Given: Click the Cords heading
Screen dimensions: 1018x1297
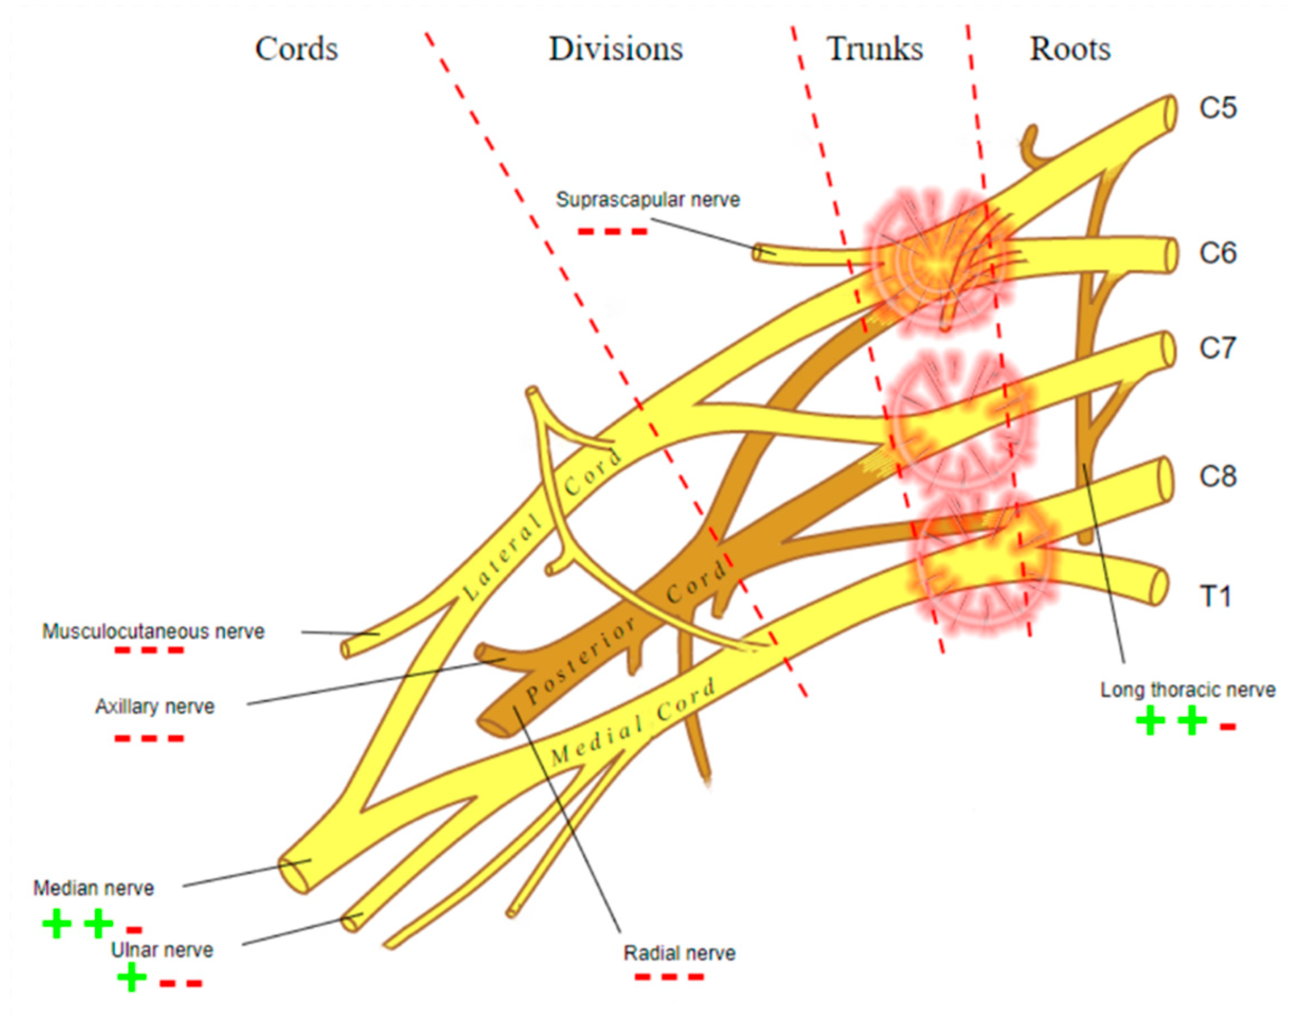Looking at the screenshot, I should click(296, 49).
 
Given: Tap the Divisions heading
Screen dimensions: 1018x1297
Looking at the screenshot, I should click(616, 49).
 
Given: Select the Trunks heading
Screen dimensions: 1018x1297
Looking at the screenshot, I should click(874, 49).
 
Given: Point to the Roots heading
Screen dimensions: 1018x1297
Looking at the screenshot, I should click(1070, 49).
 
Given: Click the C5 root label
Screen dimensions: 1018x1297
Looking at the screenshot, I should click(1218, 108).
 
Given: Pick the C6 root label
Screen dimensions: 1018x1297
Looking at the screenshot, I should click(1218, 253).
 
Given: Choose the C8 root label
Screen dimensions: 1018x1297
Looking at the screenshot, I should click(1218, 476).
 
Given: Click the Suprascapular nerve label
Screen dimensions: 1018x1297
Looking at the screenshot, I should click(648, 200).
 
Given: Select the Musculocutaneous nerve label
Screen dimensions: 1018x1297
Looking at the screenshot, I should click(153, 631).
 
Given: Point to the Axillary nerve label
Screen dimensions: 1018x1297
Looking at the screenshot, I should click(155, 706).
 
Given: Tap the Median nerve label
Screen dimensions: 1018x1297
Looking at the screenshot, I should click(93, 888).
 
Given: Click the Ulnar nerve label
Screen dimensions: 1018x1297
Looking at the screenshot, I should click(162, 949).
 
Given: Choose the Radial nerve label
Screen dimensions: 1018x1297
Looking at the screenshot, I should click(680, 953).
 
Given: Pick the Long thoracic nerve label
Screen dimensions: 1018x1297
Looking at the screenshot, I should click(1188, 690).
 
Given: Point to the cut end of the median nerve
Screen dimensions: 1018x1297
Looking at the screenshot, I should click(293, 876).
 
